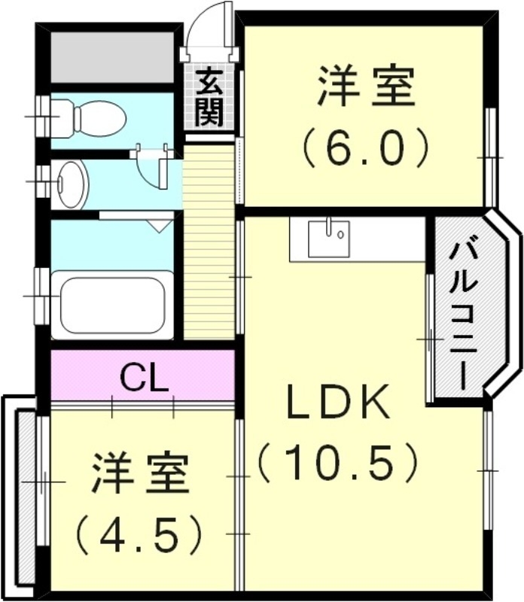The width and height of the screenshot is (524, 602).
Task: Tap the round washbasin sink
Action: pos(72,183)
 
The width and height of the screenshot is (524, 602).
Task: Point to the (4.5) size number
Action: pos(140,533)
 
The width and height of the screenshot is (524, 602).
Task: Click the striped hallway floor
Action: pos(209,241)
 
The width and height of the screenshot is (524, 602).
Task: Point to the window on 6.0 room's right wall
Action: pos(489,157)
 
